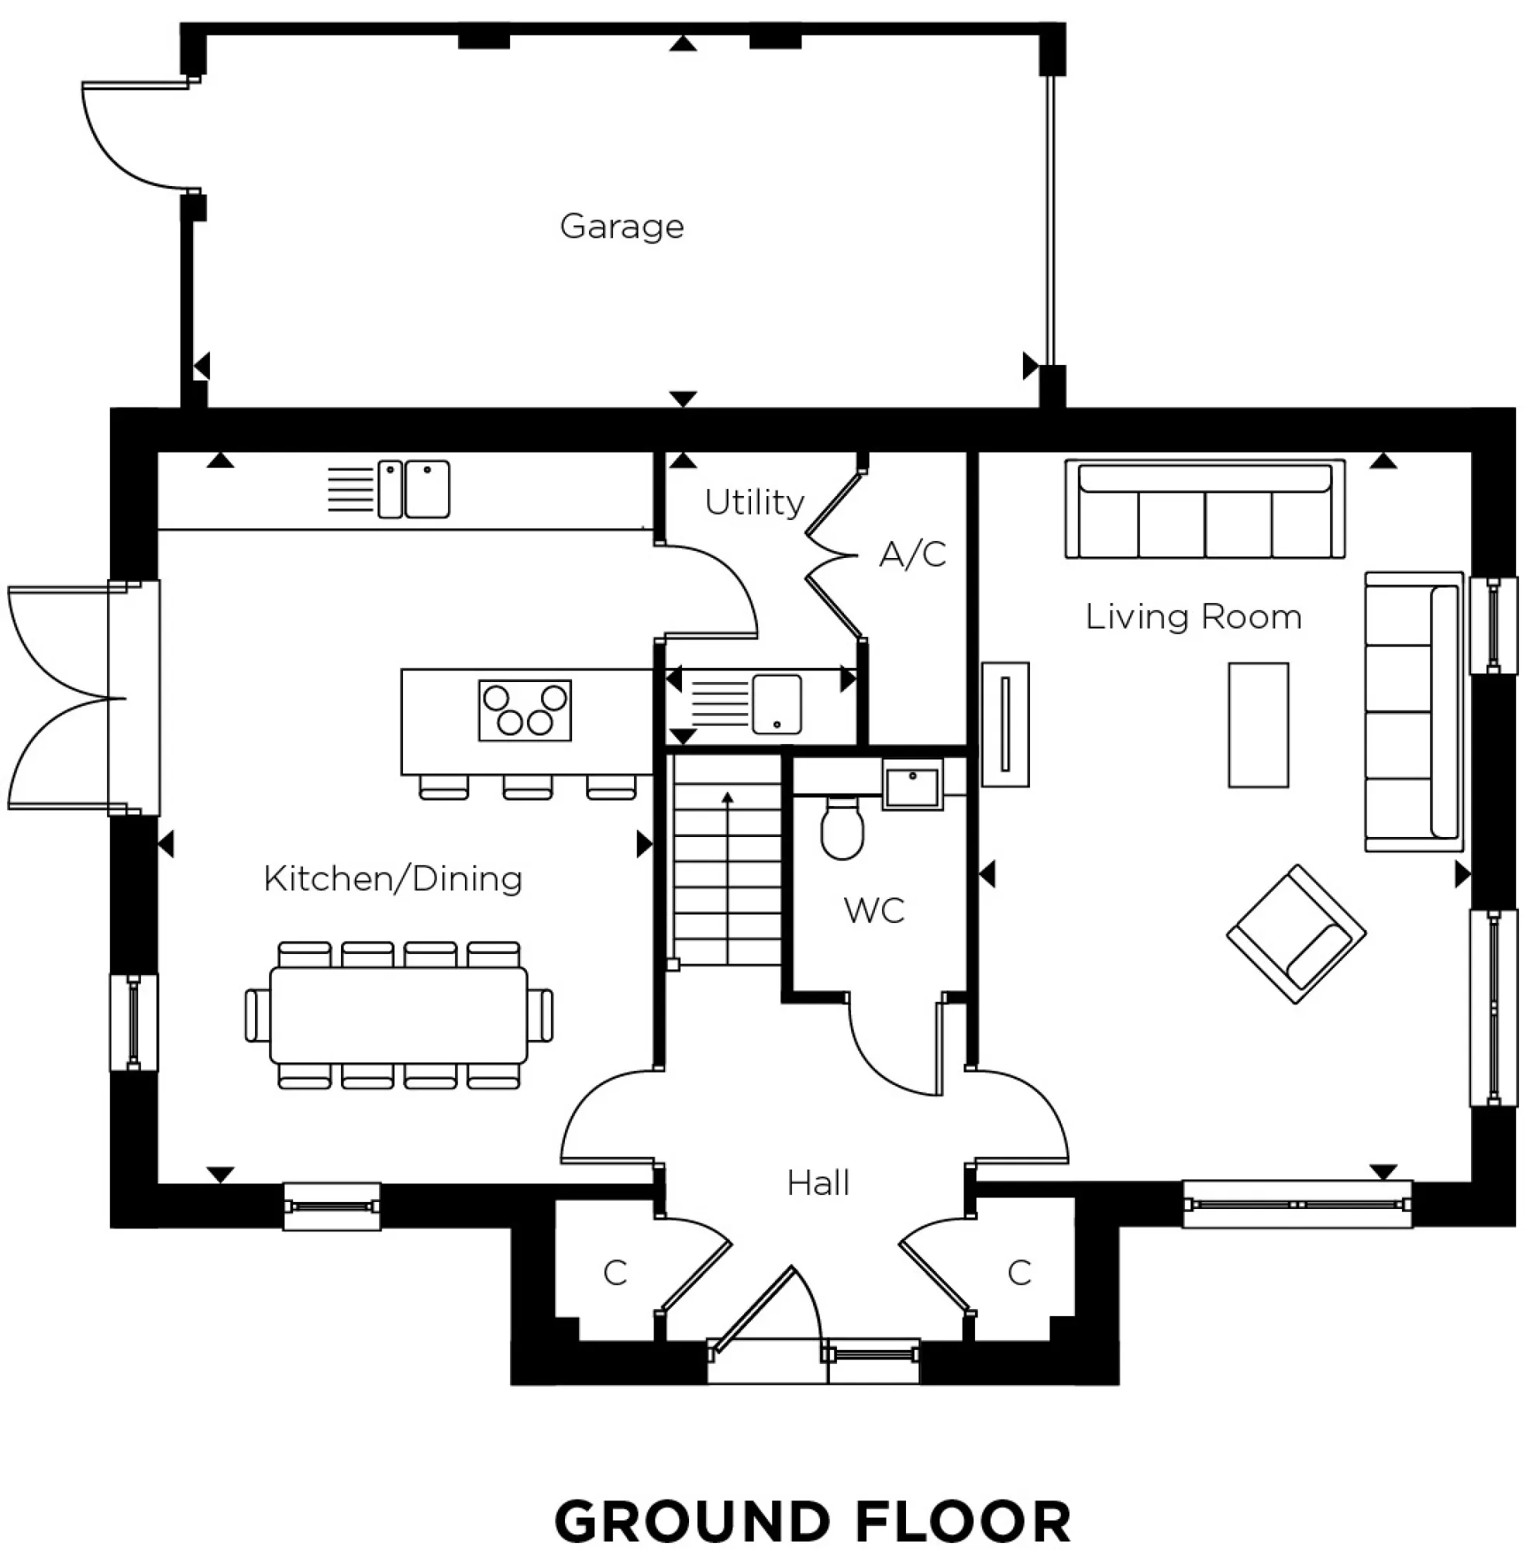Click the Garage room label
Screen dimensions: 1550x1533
point(621,226)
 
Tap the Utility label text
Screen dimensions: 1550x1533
point(753,502)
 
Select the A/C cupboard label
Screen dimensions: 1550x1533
point(912,553)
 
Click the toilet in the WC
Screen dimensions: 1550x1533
point(842,829)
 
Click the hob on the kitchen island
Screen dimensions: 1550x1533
point(525,710)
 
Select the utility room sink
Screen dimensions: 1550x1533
point(776,704)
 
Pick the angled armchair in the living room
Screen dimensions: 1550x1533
point(1295,934)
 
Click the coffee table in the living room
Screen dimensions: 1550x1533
point(1257,725)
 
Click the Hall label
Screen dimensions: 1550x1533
point(817,1183)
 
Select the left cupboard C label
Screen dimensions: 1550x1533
point(615,1273)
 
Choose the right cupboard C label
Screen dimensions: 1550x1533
point(1019,1273)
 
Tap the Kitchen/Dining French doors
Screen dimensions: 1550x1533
point(60,697)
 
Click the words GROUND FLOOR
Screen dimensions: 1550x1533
point(811,1521)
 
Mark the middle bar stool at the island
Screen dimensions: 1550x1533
point(527,788)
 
